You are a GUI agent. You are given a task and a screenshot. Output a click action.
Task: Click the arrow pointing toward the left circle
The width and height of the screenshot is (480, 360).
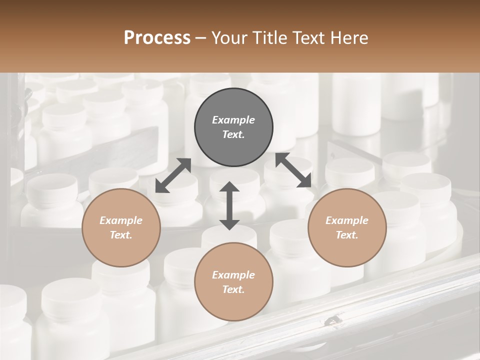pos(173,175)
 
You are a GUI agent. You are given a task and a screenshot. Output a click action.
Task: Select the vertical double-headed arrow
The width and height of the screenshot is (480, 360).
pos(229,205)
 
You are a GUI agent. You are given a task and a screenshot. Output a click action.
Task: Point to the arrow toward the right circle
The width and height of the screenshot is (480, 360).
pos(293,170)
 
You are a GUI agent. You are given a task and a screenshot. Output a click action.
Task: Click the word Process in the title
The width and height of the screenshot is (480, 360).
pos(157,37)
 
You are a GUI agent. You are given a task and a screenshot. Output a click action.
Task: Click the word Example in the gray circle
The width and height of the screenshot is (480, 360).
pos(233,120)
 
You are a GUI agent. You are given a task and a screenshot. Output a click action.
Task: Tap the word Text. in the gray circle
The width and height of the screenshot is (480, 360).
pos(233,134)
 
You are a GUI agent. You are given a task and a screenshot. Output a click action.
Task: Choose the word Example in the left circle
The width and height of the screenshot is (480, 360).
pos(121,220)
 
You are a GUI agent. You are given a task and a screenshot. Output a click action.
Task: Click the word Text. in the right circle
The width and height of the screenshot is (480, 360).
pos(347,235)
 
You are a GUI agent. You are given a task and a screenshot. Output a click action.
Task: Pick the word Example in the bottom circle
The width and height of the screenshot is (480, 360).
pos(233,275)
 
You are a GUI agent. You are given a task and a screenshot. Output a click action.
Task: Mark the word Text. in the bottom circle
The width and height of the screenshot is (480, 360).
pos(233,289)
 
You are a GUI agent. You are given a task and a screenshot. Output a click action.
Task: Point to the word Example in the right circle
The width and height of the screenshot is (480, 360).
pos(347,220)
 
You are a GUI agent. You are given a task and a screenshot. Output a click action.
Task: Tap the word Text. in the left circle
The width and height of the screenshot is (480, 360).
pos(121,235)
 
